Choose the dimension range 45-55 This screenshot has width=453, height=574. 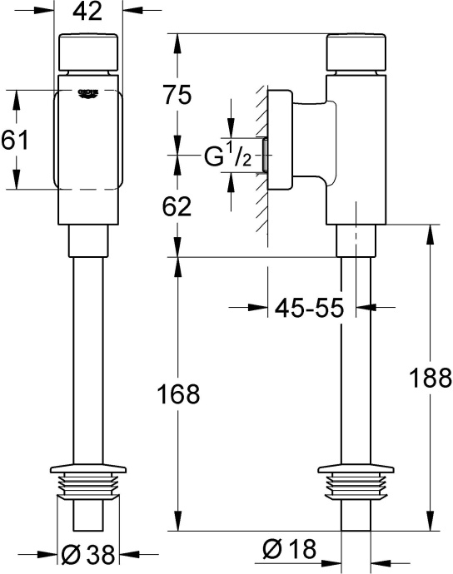(310, 308)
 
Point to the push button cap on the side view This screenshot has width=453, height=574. (358, 54)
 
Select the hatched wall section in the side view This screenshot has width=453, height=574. (259, 158)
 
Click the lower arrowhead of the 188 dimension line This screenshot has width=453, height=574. (429, 526)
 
